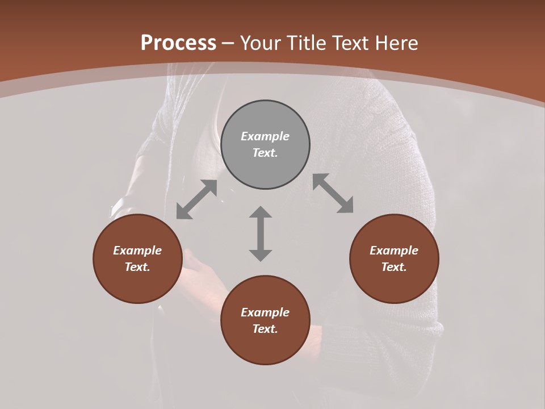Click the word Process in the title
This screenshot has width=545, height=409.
point(178,43)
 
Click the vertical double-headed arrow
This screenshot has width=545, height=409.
point(261,233)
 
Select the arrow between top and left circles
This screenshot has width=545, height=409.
point(196,199)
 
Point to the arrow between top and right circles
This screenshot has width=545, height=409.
point(333,193)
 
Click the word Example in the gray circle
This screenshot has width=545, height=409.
point(265,136)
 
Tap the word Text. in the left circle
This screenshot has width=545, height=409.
point(137,267)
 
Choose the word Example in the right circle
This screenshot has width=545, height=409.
point(394,251)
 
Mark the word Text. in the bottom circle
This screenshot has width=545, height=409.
point(265,329)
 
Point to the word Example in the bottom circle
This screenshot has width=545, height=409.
point(265,312)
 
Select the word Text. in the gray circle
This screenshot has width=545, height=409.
point(265,153)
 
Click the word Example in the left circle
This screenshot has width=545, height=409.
point(137,251)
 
